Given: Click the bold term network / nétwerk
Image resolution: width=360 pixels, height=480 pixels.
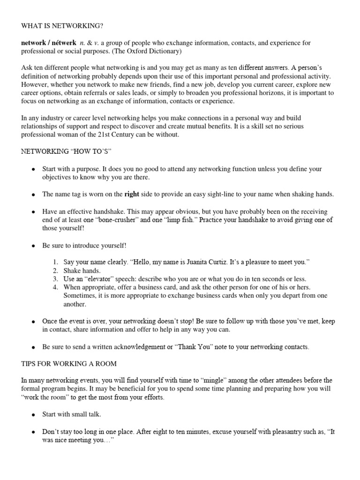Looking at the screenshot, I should click(x=49, y=43).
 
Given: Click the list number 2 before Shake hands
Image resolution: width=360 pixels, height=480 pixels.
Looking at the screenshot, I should click(x=55, y=270).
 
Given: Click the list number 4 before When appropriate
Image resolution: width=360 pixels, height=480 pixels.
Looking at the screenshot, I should click(x=55, y=287).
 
